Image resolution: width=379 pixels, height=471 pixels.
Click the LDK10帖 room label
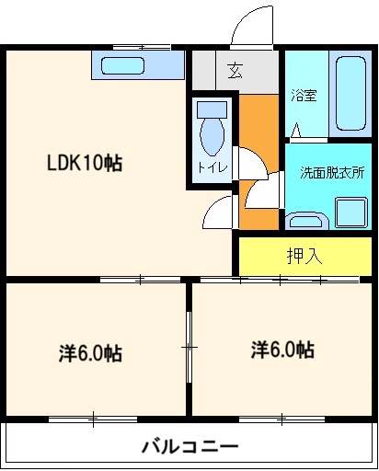point(85,165)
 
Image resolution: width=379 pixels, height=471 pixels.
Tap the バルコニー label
point(190,447)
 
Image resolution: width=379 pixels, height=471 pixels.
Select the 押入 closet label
point(304,255)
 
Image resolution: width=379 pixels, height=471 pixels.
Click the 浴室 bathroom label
point(304,96)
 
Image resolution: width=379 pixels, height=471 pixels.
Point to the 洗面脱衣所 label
point(331,172)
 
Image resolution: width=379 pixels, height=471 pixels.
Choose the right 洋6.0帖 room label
point(281,350)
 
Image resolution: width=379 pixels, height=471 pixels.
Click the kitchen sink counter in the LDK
point(135,65)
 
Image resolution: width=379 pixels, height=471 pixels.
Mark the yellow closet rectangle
point(304,255)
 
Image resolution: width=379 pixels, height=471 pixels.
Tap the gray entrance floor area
point(235,68)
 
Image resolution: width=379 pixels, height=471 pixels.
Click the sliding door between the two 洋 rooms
point(189,348)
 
